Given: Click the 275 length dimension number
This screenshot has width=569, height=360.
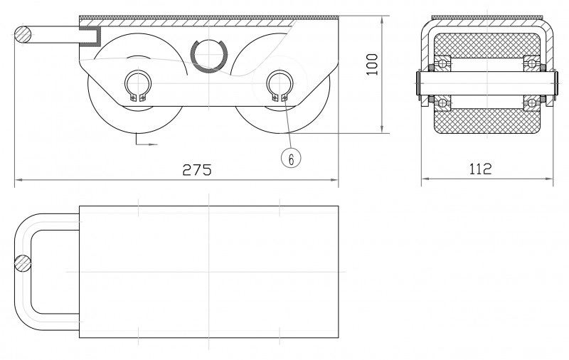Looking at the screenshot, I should (x=197, y=169).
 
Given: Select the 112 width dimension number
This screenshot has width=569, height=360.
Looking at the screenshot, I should (x=481, y=169).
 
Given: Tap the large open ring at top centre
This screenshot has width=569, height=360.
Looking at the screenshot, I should (x=208, y=55).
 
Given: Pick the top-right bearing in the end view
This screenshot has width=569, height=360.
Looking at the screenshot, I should (x=531, y=62).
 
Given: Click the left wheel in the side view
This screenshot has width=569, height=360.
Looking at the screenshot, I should (x=108, y=107).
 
